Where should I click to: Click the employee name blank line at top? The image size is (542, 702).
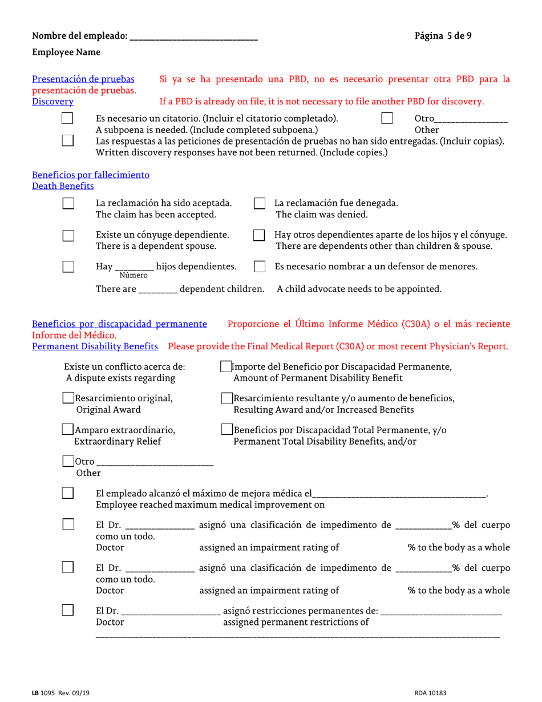[x=194, y=38]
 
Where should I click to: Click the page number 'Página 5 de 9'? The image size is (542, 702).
[x=443, y=36]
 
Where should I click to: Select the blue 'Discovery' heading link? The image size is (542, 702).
[x=52, y=102]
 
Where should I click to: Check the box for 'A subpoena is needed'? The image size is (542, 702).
[x=67, y=119]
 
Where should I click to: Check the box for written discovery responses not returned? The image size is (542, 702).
[x=67, y=140]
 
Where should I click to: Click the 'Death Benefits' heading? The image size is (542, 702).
[x=63, y=186]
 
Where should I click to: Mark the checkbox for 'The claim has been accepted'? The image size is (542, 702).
[x=67, y=204]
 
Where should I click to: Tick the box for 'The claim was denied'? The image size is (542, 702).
[x=259, y=204]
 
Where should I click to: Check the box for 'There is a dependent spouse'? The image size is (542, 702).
[x=67, y=235]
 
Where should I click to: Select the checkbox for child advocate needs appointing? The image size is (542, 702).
[x=259, y=267]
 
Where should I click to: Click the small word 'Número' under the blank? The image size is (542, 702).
[x=133, y=276]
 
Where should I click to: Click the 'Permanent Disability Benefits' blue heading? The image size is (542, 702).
[x=95, y=346]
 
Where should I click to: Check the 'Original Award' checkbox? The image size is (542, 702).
[x=68, y=398]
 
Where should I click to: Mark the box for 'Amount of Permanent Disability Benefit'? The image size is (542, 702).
[x=226, y=367]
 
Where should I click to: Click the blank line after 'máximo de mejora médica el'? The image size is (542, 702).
[x=399, y=494]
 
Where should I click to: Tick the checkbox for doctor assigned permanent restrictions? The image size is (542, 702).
[x=67, y=610]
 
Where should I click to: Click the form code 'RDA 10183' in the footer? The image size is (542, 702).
[x=430, y=693]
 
